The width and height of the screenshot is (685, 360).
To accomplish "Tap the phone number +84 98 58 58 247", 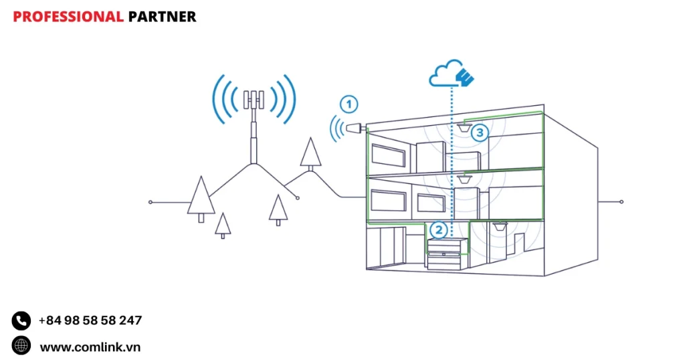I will click(x=90, y=321).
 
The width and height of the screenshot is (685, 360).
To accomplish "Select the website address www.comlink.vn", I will click(x=90, y=347).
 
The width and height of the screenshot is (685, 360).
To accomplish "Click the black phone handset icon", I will click(x=21, y=321).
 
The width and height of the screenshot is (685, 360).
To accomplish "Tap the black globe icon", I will click(x=21, y=346).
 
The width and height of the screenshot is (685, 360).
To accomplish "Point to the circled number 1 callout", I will click(x=349, y=104).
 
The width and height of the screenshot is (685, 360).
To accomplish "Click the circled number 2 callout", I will click(x=439, y=230).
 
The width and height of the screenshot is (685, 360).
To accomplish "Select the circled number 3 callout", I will click(x=479, y=132).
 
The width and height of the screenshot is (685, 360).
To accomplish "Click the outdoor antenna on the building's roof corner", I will click(x=355, y=127).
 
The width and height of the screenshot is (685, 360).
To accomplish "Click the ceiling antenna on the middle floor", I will click(x=466, y=177).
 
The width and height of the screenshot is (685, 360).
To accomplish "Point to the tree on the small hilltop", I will click(x=310, y=153).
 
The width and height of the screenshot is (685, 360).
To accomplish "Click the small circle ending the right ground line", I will click(x=621, y=201).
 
